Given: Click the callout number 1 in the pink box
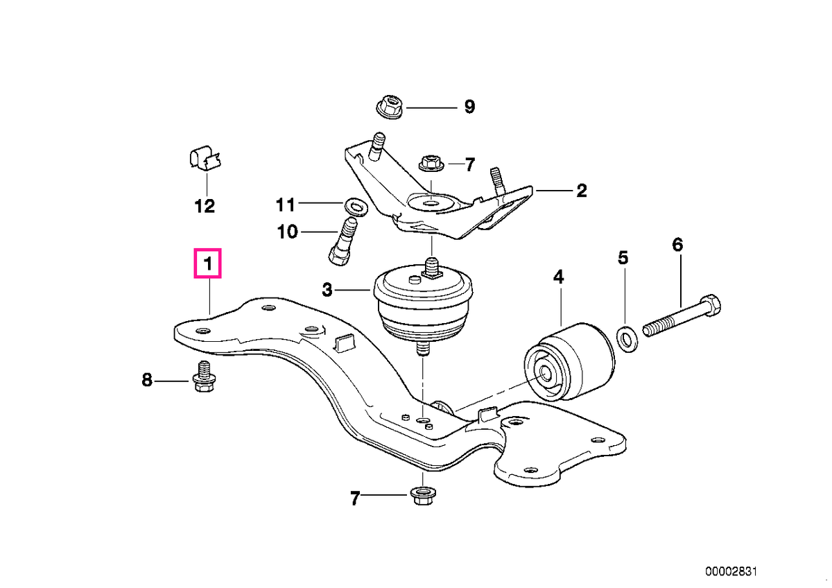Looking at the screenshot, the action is [208, 263].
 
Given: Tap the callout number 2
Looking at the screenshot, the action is [581, 191].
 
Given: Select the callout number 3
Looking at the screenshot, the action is [327, 290].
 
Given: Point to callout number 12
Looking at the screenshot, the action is [205, 206].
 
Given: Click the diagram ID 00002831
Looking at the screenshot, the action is [731, 571].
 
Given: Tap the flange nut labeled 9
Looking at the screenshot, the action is [389, 107].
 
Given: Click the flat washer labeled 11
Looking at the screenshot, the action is [356, 206].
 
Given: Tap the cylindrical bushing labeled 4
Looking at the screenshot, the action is [569, 362].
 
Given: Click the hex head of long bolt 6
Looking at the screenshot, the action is [710, 305].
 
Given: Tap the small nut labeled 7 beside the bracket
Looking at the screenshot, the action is [431, 164].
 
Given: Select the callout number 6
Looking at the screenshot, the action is [678, 245].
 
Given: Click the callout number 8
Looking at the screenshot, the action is [147, 380].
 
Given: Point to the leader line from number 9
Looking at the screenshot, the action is [431, 107].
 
